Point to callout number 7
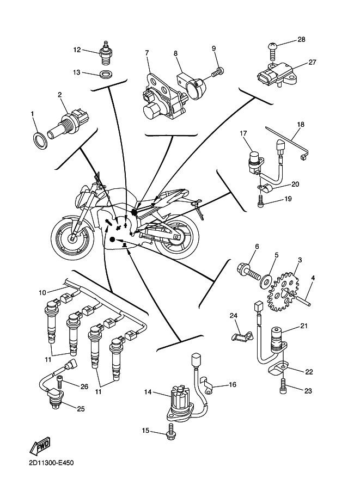147,53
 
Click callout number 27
312,62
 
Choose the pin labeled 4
308,296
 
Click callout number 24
233,316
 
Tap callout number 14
148,391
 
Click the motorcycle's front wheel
71,237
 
